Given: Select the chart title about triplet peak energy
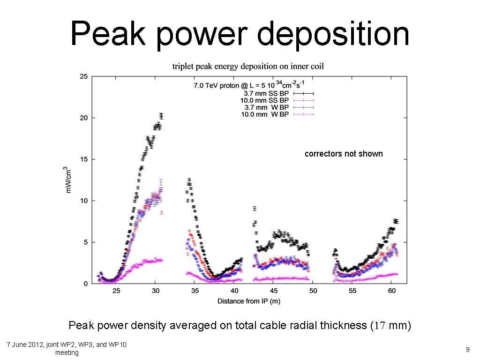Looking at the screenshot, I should tap(248, 66).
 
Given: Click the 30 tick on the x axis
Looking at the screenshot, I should tap(156, 291).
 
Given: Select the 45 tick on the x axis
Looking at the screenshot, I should tap(274, 291).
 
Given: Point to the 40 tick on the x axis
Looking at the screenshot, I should tap(234, 291).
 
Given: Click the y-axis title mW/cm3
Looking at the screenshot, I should tap(68, 180).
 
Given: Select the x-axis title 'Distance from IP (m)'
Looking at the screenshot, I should tap(249, 301).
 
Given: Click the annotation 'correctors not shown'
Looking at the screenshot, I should tap(344, 154).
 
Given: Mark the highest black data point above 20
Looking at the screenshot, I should tap(161, 115).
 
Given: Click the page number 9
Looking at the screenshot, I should tap(467, 349).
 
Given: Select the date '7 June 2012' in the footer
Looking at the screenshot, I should tap(24, 345).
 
